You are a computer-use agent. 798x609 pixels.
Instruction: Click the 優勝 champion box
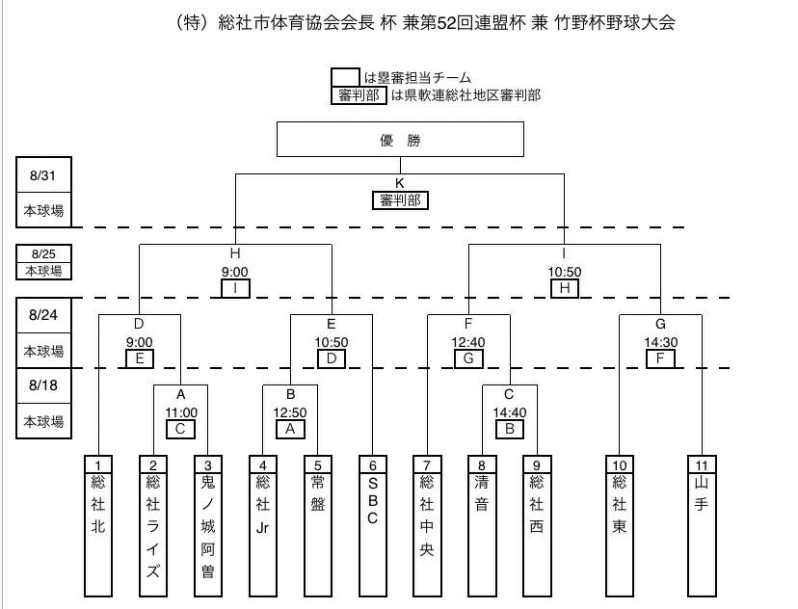click(x=400, y=140)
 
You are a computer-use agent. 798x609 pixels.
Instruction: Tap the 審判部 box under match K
click(x=400, y=200)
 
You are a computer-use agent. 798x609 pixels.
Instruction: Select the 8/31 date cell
click(x=44, y=175)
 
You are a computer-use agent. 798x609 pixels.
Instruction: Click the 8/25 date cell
click(x=44, y=254)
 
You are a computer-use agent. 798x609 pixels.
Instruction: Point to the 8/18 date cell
click(x=44, y=385)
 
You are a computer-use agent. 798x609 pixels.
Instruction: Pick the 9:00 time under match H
click(x=235, y=272)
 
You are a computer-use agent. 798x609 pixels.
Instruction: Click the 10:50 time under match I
click(x=565, y=272)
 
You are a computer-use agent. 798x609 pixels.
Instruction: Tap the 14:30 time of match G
click(x=660, y=341)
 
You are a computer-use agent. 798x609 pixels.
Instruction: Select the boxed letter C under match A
click(x=181, y=429)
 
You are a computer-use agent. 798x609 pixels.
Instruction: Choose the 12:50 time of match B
click(x=290, y=411)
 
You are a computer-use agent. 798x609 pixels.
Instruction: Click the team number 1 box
click(x=97, y=463)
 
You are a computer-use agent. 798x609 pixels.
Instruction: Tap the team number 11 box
click(x=702, y=463)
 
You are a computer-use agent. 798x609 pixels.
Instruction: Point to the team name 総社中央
click(x=427, y=516)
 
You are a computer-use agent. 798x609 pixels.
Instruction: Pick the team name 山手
click(x=702, y=491)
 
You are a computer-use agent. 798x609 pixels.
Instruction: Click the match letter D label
click(x=139, y=326)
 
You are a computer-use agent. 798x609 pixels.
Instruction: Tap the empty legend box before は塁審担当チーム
click(x=345, y=77)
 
